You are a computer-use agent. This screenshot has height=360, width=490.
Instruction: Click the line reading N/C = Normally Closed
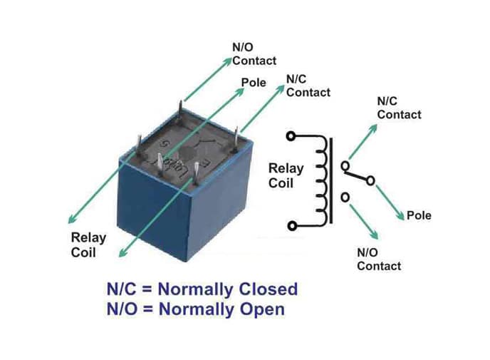(x=202, y=289)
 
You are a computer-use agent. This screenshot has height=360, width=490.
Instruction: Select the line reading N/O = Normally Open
(x=195, y=309)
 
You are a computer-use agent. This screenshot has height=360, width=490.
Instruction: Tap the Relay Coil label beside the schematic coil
(x=286, y=175)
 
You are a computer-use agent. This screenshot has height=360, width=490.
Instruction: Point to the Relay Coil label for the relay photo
(x=88, y=245)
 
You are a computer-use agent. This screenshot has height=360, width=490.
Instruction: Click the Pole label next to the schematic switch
(x=419, y=215)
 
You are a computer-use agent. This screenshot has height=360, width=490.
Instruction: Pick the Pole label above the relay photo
(x=254, y=83)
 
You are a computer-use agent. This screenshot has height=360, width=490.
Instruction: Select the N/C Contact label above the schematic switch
(x=399, y=108)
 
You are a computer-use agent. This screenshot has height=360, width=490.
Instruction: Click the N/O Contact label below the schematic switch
(x=378, y=259)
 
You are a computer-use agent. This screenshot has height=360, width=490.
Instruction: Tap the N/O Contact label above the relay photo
(x=254, y=54)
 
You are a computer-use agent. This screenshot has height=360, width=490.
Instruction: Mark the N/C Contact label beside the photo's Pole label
(x=308, y=86)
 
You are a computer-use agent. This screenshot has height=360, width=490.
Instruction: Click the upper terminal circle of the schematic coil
(x=290, y=135)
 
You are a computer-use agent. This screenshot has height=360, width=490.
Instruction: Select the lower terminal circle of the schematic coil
(x=291, y=226)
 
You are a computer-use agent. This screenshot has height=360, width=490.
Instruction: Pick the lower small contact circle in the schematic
(x=345, y=197)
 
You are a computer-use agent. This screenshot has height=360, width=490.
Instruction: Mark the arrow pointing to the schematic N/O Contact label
(x=364, y=222)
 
